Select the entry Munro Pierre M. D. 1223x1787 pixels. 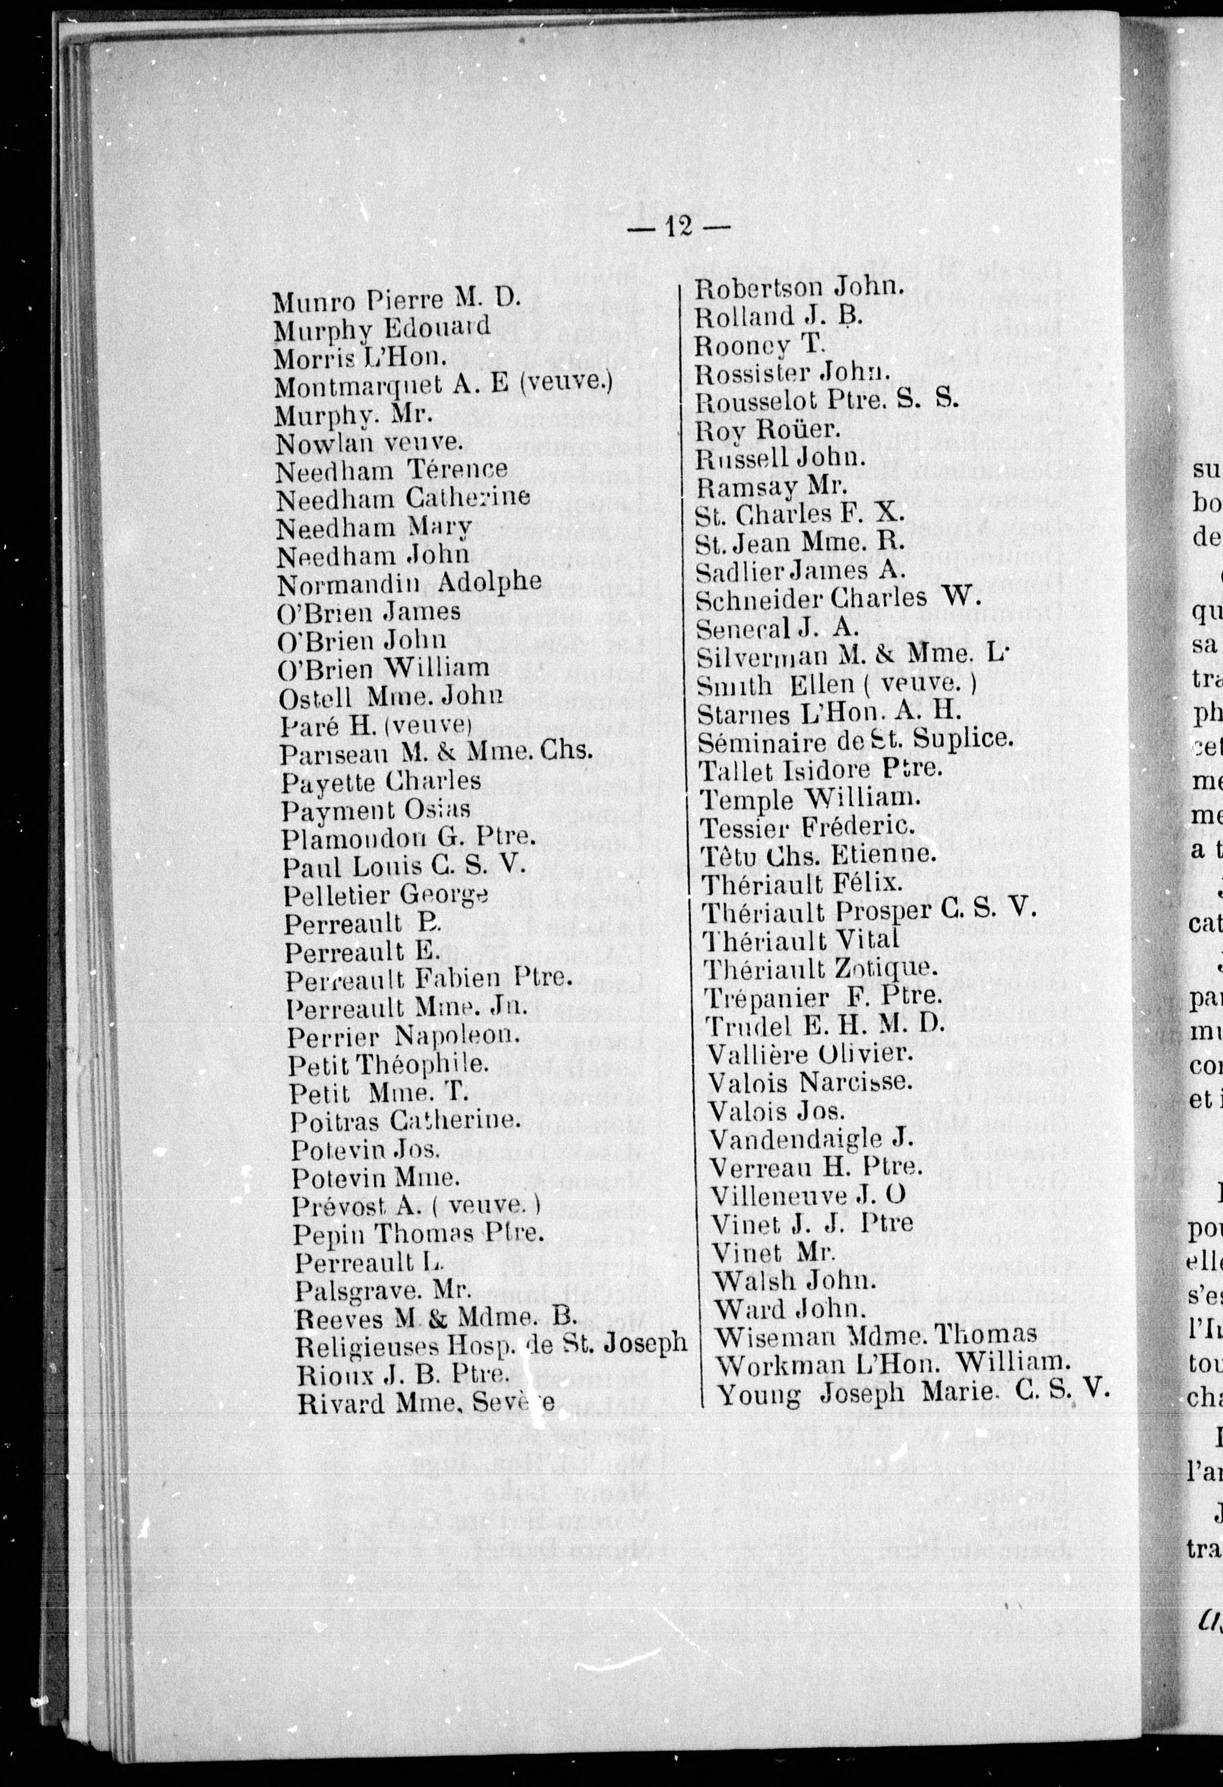tap(397, 300)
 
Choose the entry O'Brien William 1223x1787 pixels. tap(384, 667)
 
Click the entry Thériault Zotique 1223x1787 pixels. tap(821, 967)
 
